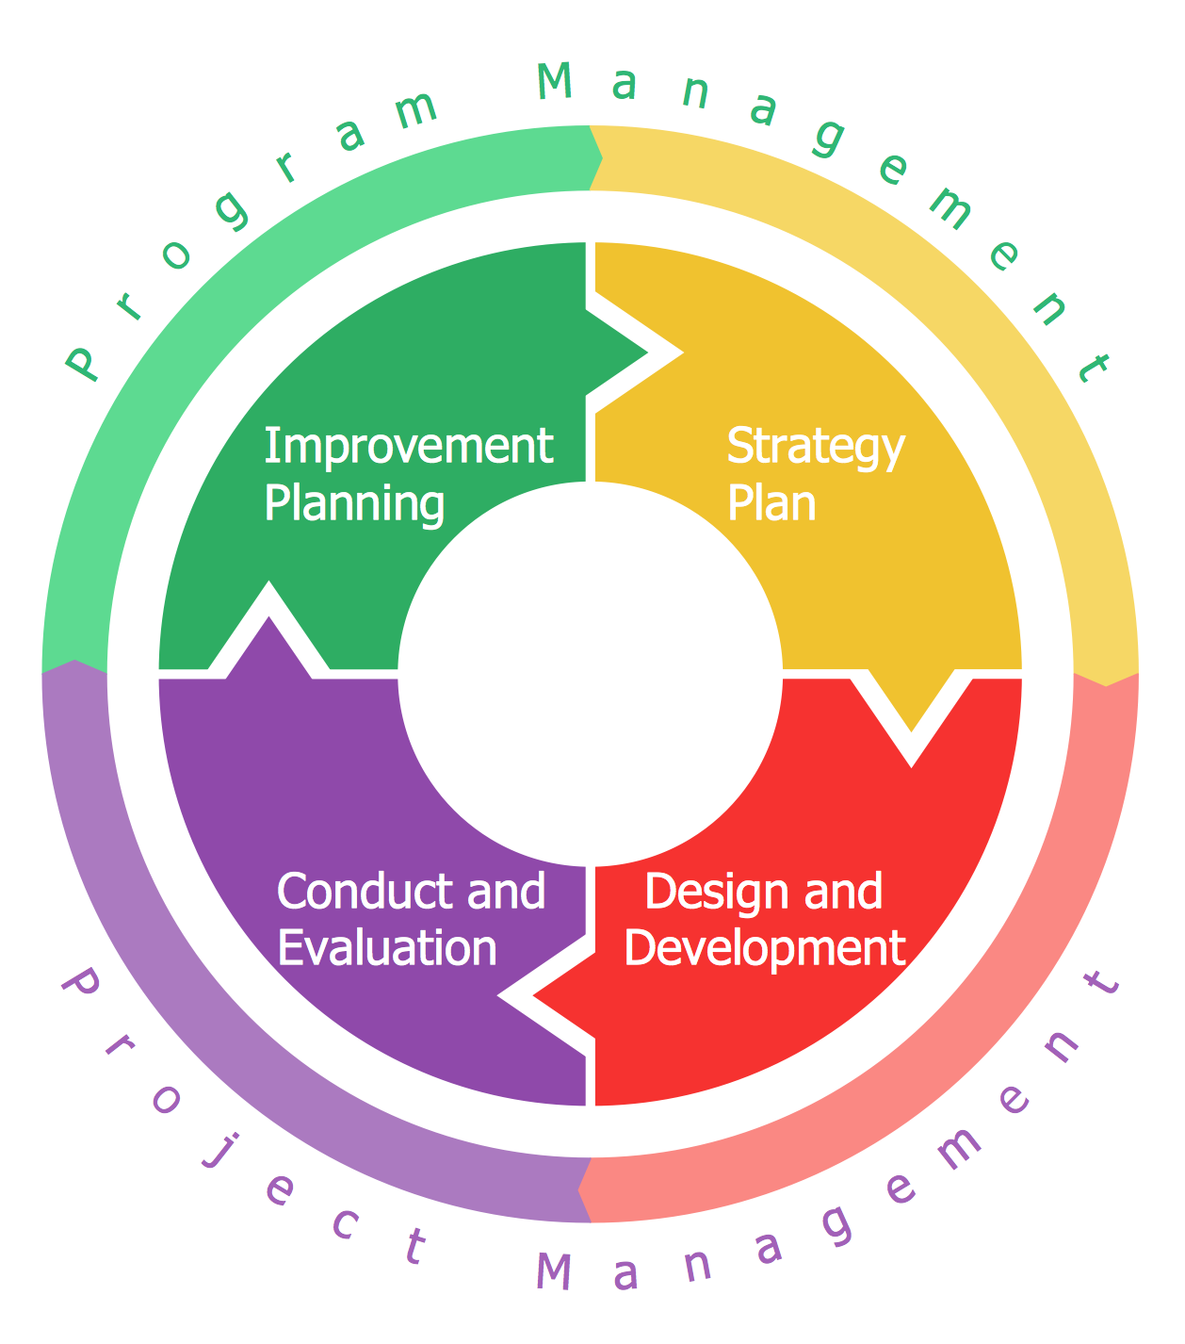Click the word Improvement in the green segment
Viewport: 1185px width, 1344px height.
click(408, 446)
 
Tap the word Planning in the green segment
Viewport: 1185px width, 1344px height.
click(354, 503)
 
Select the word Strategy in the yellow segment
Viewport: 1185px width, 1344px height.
click(816, 447)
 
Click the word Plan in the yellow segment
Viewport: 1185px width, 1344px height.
click(771, 503)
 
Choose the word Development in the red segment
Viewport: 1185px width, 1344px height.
click(765, 948)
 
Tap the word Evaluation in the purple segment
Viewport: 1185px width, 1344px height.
click(387, 948)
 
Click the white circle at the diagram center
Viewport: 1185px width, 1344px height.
click(591, 673)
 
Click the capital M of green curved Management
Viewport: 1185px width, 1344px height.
click(555, 82)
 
